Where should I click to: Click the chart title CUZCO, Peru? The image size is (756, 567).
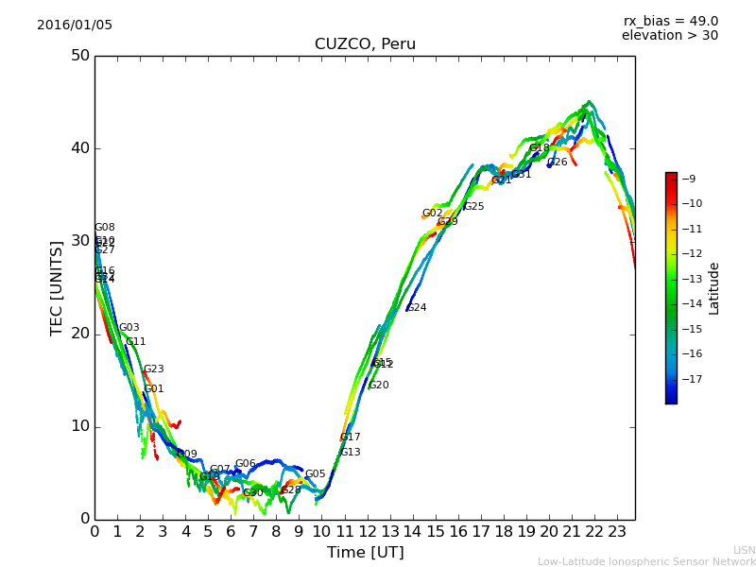(365, 44)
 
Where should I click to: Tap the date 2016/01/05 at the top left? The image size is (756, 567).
(75, 25)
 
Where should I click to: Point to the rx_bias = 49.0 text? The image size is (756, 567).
(670, 21)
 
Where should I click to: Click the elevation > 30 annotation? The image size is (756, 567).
(669, 36)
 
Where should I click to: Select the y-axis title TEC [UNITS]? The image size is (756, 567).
(57, 287)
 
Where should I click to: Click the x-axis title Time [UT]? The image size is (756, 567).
(365, 552)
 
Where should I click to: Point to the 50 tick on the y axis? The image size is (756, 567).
(79, 56)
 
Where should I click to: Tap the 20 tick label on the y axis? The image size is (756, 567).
(79, 334)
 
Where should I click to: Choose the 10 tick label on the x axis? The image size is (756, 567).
(321, 532)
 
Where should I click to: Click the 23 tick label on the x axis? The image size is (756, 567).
(617, 532)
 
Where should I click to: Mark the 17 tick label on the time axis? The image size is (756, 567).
(481, 532)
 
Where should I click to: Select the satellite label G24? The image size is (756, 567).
(417, 308)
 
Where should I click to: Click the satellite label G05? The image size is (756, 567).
(315, 474)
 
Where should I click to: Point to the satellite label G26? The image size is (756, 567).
(558, 163)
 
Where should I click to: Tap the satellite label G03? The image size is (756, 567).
(129, 328)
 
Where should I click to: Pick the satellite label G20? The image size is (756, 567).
(379, 386)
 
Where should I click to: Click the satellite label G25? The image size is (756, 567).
(473, 207)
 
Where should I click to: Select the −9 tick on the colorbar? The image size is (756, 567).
(689, 179)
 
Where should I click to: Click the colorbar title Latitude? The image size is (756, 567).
(714, 288)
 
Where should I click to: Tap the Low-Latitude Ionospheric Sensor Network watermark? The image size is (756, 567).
(646, 561)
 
